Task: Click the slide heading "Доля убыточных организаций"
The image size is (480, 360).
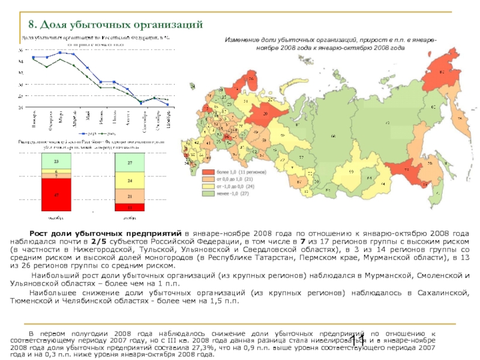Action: (116, 24)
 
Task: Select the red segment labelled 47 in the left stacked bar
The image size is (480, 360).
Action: (57, 194)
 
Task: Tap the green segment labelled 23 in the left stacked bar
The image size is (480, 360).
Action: (57, 162)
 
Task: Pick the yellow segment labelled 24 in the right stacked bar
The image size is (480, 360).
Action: (130, 180)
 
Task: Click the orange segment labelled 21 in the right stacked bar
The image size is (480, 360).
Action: (130, 196)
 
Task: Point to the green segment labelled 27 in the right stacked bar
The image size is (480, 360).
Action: (130, 163)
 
